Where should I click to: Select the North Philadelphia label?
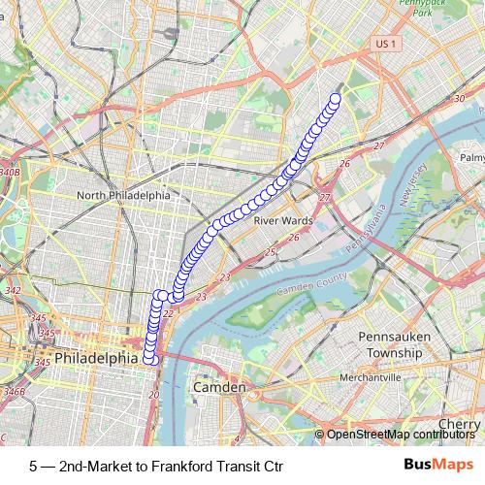pos(123,195)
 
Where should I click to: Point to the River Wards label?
pos(282,220)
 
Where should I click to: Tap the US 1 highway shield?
pos(386,45)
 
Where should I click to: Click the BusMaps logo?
pos(437,466)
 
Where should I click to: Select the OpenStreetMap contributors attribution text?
pos(397,436)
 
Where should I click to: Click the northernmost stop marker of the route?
pos(337,98)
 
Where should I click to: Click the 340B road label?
pos(11,172)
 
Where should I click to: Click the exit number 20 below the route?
pos(153,395)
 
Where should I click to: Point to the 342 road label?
pos(14,290)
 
